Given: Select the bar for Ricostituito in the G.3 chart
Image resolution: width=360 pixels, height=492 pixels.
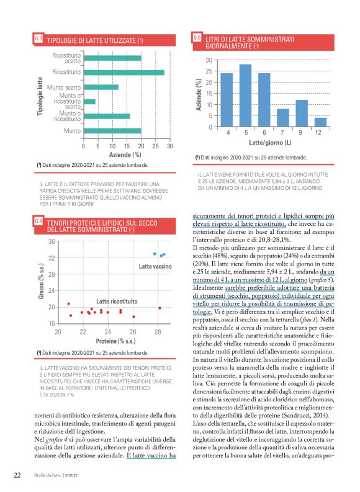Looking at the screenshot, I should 124,73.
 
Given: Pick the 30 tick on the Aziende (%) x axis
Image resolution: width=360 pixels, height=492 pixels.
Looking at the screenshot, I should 170,146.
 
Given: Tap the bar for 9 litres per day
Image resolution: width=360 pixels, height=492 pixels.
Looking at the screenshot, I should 302,114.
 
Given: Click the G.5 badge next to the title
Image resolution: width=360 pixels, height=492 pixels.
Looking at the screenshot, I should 197,38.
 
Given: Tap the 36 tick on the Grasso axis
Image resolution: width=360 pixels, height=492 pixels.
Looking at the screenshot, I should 52,241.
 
